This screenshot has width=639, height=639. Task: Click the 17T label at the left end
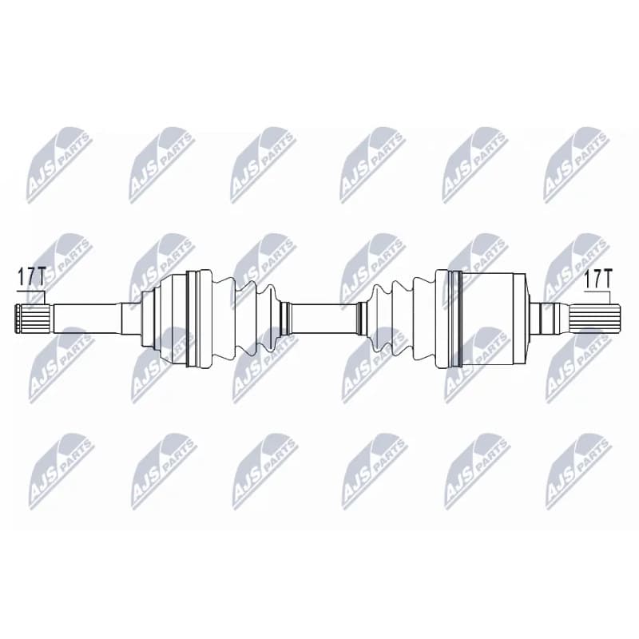[x=32, y=276]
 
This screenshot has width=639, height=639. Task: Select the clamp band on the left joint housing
[x=192, y=319]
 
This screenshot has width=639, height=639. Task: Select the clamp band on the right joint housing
[x=454, y=319]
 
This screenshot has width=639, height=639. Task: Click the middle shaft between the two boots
[x=323, y=319]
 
